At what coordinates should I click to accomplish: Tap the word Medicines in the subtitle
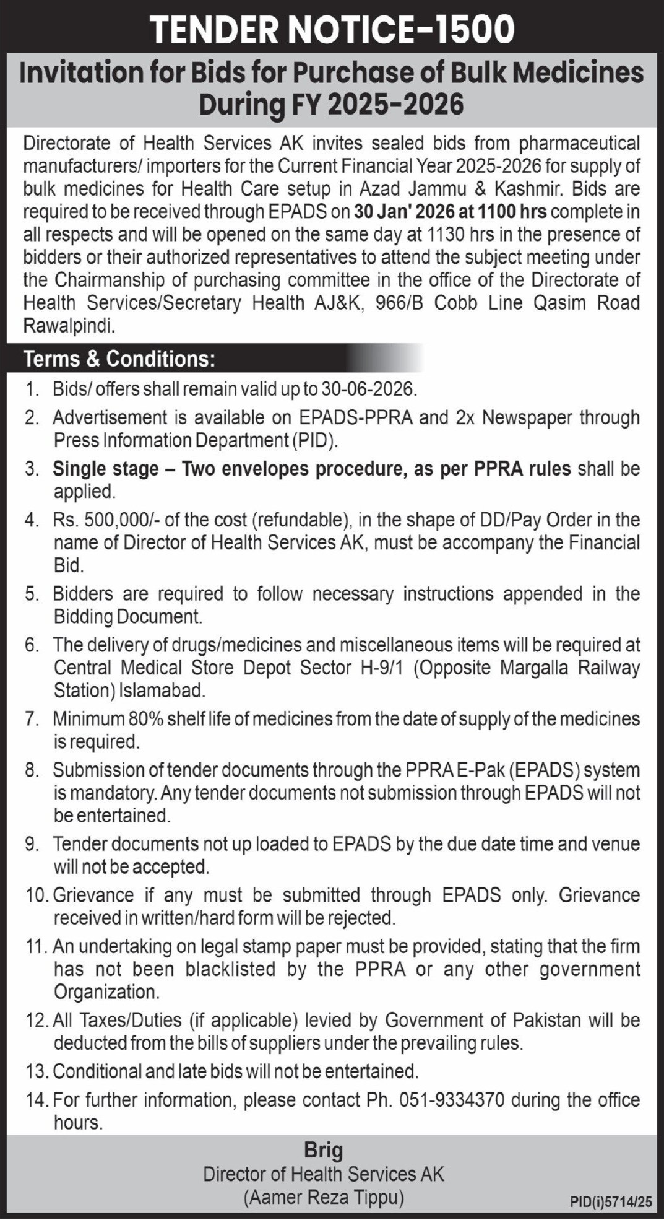coord(577,73)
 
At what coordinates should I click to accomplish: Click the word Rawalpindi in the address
coord(69,326)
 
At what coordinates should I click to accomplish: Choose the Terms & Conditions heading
coord(119,359)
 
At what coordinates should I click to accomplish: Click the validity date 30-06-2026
coord(366,389)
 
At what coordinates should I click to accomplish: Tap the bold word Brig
coord(323,1151)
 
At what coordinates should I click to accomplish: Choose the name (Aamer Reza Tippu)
coord(324,1198)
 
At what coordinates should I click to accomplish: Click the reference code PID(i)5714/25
coord(611,1202)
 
